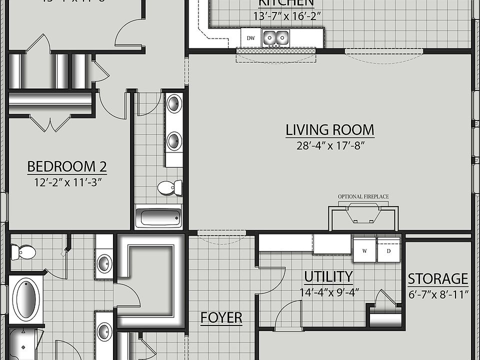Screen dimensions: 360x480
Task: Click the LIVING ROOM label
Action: click(329, 130)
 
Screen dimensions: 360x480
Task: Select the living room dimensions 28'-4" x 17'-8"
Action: click(329, 146)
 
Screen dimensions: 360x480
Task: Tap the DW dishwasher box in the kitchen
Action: click(250, 37)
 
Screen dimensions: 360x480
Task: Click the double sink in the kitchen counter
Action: click(275, 37)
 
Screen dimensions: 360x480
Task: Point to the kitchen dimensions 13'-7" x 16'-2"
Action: click(286, 16)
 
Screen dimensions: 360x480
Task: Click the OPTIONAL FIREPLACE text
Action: click(363, 196)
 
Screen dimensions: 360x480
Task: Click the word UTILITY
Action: click(328, 276)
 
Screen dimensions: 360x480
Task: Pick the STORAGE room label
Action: click(438, 278)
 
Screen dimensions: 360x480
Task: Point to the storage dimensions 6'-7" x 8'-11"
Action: click(438, 294)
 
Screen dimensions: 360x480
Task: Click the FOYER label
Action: click(221, 317)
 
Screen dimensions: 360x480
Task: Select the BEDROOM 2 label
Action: click(66, 166)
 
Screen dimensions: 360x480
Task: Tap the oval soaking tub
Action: click(24, 300)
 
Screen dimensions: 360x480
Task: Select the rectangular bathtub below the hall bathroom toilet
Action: click(158, 217)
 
